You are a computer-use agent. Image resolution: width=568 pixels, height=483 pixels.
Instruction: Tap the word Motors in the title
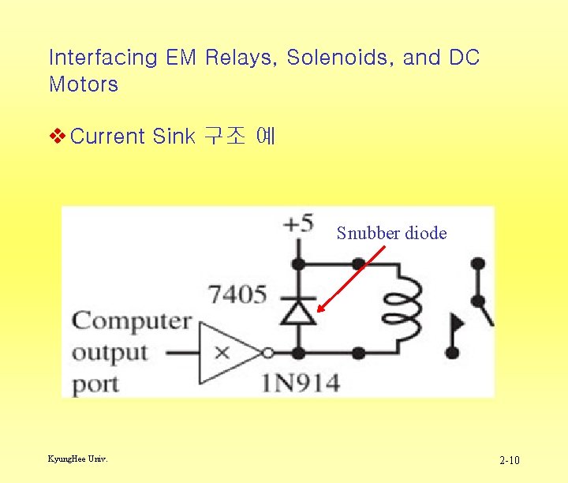(84, 84)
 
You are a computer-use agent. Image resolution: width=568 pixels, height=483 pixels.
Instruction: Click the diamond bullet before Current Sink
(57, 137)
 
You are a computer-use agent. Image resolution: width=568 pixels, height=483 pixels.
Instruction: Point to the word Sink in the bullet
(173, 137)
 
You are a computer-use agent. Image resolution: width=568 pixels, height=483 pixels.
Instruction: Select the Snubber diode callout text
(391, 233)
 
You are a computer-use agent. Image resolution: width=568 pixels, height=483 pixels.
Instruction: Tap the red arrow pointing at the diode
(349, 279)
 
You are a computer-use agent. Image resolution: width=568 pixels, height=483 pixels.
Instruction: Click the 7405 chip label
(237, 295)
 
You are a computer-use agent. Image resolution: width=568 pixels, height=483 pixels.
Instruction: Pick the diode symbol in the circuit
(298, 313)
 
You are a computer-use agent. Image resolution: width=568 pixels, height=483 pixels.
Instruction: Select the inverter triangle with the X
(229, 352)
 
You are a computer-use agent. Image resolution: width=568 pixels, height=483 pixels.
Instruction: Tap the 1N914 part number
(301, 384)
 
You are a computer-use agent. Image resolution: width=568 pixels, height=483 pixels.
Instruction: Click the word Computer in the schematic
(132, 322)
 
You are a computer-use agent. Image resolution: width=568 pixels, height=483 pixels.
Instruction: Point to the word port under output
(95, 385)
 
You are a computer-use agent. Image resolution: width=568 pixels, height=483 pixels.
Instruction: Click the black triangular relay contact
(457, 324)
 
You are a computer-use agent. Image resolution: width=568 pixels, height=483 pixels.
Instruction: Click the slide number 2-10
(510, 460)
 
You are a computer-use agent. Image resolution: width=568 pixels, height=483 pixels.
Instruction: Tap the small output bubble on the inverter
(269, 352)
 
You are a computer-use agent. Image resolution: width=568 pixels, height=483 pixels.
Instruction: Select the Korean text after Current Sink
(239, 137)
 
